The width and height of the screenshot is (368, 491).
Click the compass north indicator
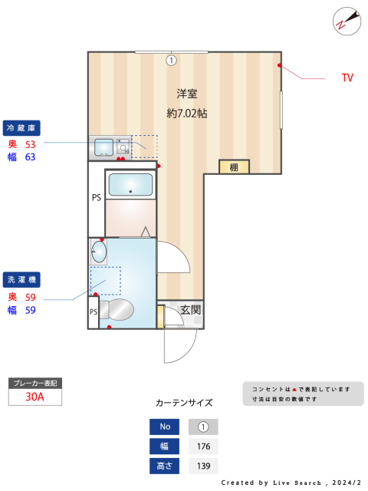pos(347,21)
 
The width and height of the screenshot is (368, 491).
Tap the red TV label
pos(347,77)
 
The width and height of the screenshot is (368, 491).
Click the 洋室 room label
pos(187,94)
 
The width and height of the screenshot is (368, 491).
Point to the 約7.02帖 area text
pos(187,113)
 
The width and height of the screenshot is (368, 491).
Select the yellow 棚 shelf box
pos(234,167)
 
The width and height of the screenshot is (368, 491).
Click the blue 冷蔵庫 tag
pos(21,128)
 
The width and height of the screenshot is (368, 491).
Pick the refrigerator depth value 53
pos(31,144)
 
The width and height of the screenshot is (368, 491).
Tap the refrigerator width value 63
pos(31,157)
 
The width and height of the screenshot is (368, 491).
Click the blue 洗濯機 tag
pos(21,279)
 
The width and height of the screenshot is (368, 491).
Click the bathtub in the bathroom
pos(130,185)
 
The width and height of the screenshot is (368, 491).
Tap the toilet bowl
pos(117,310)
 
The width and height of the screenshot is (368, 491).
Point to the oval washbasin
pos(99,252)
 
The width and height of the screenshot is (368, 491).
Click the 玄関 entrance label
pos(190,310)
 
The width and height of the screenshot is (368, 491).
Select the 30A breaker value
pos(34,397)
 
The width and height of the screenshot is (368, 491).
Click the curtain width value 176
pos(203,447)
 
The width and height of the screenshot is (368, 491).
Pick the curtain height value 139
pos(203,466)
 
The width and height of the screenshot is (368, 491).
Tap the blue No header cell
pos(165,427)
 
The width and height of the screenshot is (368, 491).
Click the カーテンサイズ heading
pos(184,403)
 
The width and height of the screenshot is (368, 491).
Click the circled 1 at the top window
pos(171,60)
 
